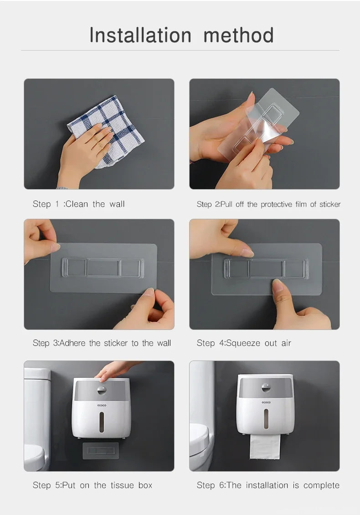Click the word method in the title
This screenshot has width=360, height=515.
238,35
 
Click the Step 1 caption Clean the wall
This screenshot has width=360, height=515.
78,204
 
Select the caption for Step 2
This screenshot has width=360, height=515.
268,204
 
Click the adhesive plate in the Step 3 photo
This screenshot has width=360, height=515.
103,268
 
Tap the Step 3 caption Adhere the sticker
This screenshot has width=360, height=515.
102,343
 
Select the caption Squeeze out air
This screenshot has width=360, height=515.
244,343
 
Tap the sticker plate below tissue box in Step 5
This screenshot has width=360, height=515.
100,451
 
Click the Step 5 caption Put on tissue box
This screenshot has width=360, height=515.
93,485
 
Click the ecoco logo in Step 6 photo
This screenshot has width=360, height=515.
266,402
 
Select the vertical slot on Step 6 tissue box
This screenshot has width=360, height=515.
266,420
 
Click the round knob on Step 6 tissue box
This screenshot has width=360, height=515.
266,388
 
